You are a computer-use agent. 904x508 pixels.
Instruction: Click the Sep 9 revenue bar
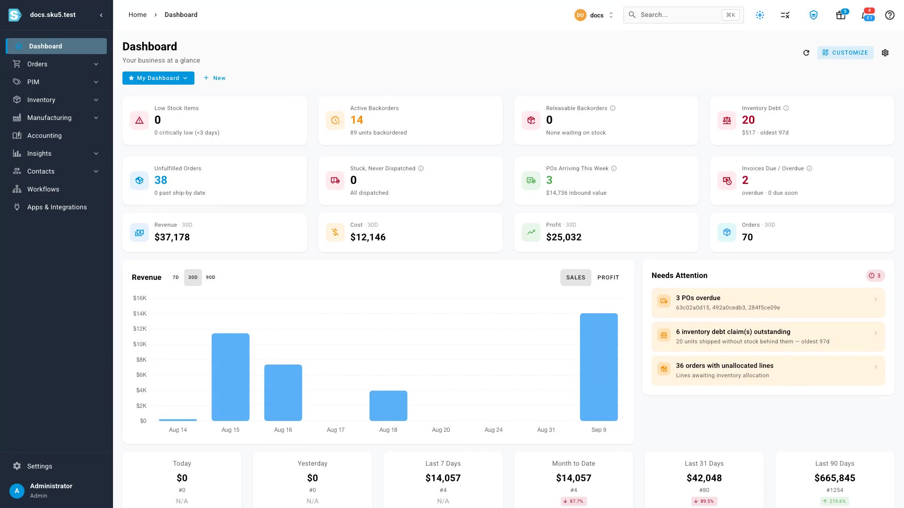[x=598, y=367]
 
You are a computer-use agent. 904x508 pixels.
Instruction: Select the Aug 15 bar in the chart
[x=230, y=377]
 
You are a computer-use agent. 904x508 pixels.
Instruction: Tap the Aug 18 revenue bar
[x=388, y=405]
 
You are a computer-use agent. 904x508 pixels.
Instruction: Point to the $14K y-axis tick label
[x=140, y=313]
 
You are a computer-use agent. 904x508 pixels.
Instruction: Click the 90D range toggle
[x=210, y=278]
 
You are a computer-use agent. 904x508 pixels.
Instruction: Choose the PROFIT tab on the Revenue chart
[x=608, y=278]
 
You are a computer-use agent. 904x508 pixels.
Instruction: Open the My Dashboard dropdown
[x=158, y=78]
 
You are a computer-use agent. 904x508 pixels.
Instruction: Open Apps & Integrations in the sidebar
[x=56, y=207]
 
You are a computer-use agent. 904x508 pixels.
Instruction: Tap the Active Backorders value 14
[x=356, y=120]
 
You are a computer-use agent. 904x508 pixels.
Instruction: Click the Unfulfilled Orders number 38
[x=161, y=180]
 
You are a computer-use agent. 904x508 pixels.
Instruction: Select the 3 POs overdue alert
[x=768, y=302]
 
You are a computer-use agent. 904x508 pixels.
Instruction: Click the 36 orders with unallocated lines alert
[x=768, y=370]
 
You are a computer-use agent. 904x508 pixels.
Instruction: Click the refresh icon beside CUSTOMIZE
[x=806, y=53]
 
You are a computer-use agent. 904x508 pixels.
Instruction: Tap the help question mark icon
[x=889, y=15]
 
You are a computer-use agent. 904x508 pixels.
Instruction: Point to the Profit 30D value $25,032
[x=564, y=237]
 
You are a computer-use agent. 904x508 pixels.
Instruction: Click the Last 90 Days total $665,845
[x=834, y=478]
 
